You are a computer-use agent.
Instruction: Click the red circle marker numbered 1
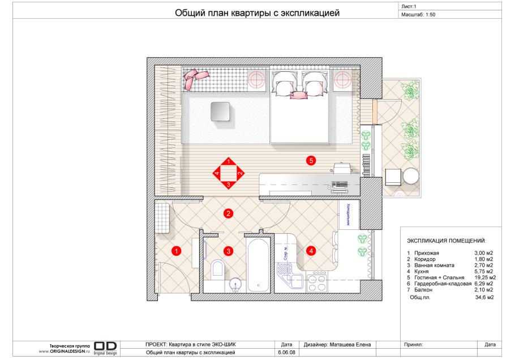pyautogui.click(x=176, y=250)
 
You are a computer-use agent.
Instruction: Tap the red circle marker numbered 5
pyautogui.click(x=310, y=161)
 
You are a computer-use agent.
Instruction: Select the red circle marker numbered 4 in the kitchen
pyautogui.click(x=310, y=250)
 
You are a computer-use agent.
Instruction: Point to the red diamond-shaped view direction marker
pyautogui.click(x=228, y=172)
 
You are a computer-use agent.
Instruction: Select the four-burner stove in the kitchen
pyautogui.click(x=316, y=282)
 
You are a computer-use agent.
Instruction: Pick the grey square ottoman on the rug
pyautogui.click(x=220, y=111)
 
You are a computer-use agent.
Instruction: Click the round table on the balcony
pyautogui.click(x=411, y=177)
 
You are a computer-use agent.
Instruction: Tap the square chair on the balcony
pyautogui.click(x=392, y=177)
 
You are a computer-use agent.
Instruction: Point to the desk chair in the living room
pyautogui.click(x=342, y=168)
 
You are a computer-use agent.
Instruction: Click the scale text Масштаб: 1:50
pyautogui.click(x=418, y=15)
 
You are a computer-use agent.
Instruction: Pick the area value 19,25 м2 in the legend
pyautogui.click(x=485, y=277)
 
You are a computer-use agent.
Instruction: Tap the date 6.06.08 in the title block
pyautogui.click(x=286, y=352)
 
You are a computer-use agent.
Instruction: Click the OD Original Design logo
pyautogui.click(x=105, y=348)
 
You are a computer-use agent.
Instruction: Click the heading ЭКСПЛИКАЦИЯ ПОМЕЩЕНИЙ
pyautogui.click(x=447, y=241)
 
